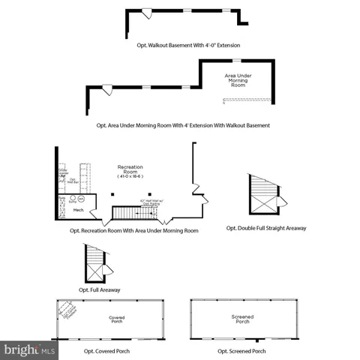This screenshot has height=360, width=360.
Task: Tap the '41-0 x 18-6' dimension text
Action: point(130,176)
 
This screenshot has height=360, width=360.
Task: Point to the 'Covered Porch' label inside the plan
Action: point(116,318)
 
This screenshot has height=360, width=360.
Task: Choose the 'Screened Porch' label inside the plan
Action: point(242,318)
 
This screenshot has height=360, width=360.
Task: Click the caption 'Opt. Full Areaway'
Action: point(100,289)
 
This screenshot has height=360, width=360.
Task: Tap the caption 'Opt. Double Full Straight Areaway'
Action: point(266,228)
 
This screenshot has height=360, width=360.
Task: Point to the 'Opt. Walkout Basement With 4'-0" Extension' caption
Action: point(184,45)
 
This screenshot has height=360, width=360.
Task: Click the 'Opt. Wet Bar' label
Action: point(73,180)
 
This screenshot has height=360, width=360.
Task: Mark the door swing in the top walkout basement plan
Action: point(147,15)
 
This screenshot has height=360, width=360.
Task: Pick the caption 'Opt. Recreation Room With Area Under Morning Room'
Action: point(138,230)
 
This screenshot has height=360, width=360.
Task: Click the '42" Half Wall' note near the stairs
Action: point(152,202)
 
